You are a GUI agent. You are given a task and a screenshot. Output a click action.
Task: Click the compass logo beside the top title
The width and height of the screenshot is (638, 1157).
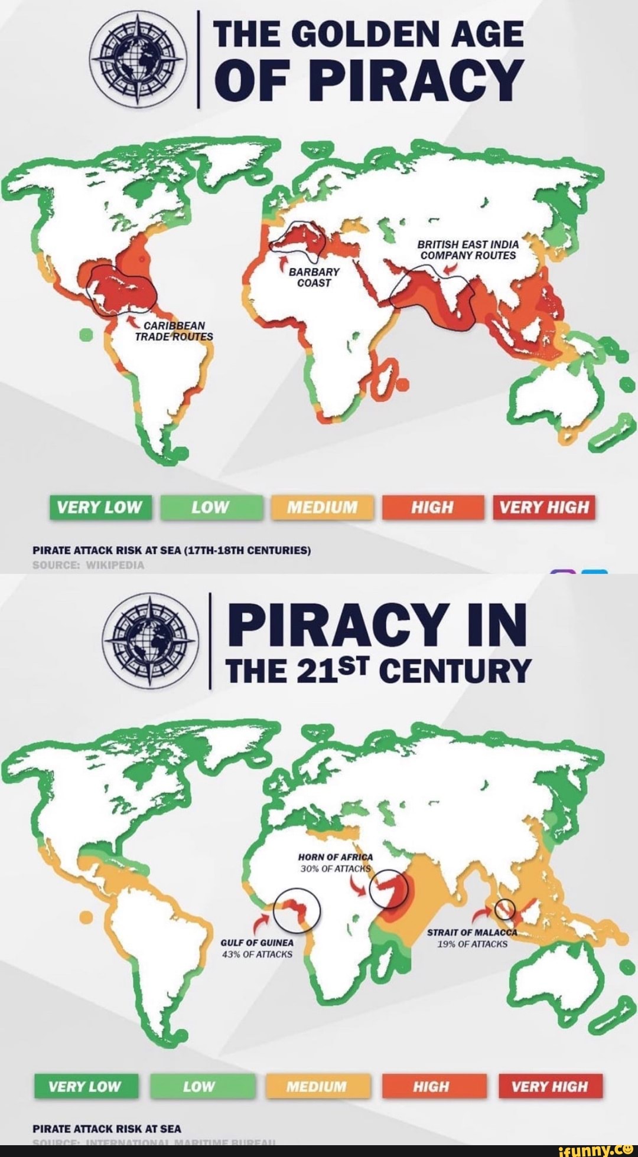[138, 60]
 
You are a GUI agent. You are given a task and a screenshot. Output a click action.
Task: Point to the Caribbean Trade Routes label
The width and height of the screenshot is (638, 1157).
[174, 331]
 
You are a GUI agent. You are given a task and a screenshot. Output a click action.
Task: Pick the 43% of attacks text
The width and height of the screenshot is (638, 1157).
[256, 954]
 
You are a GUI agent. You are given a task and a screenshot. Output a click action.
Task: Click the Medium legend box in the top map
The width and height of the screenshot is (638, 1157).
[322, 507]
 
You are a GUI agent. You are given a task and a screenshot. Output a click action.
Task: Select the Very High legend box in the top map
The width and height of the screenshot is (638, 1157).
[544, 507]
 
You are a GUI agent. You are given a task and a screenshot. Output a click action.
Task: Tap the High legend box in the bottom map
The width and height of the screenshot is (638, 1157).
[434, 1086]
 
